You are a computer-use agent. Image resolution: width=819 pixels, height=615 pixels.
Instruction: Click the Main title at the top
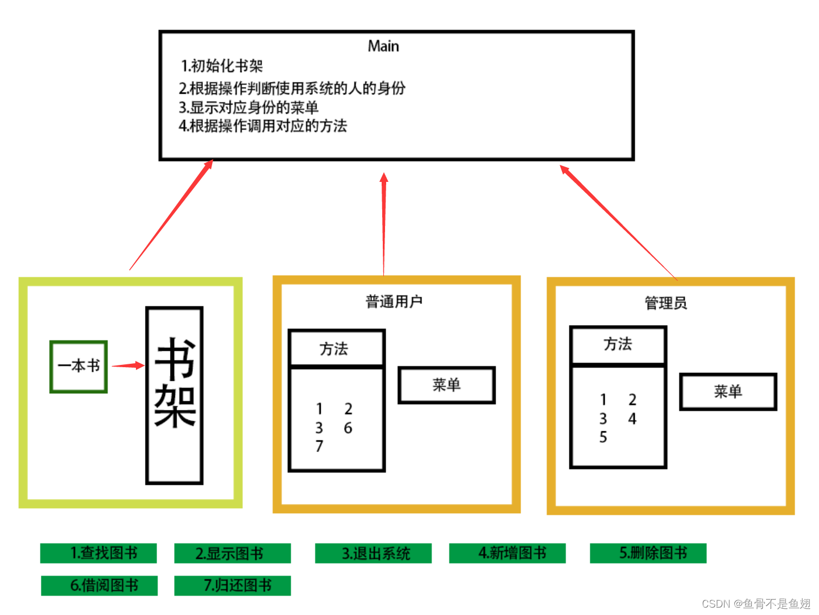coord(383,46)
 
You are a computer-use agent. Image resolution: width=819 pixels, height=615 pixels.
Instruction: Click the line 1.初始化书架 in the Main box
coord(222,66)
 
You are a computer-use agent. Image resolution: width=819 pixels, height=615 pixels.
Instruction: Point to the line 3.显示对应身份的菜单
coord(249,107)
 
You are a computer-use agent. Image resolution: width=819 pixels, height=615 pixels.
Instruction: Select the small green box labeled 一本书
coord(78,366)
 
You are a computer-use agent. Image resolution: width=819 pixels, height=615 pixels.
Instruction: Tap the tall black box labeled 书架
coord(175,395)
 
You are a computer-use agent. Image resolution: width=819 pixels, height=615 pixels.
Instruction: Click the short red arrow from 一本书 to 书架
coord(128,365)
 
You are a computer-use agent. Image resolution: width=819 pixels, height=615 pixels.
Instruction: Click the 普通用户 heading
coord(394,301)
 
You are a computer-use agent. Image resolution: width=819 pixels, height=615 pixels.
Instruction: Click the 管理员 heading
coord(665,303)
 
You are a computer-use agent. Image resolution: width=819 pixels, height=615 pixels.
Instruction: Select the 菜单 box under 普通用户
coord(446,385)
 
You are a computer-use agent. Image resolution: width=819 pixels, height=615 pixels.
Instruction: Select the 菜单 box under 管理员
coord(728,391)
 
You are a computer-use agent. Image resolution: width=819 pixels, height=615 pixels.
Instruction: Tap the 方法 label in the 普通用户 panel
coord(334,348)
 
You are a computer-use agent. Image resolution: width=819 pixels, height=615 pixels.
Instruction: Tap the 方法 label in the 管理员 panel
coord(618,344)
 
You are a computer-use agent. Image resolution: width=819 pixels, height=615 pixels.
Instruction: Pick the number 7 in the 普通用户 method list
coord(319,446)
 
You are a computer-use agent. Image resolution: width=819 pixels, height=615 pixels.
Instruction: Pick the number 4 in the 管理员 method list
coord(632,419)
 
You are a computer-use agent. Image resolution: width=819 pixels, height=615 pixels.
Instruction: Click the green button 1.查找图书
coord(98,553)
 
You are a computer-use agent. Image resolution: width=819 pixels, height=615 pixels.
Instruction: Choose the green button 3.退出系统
coord(373,554)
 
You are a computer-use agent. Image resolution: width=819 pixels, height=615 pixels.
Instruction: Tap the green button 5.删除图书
coord(648,553)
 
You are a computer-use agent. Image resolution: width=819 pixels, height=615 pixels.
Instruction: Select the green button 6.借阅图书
coord(99,585)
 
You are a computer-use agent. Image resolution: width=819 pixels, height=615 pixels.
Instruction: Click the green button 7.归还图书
coord(232,585)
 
